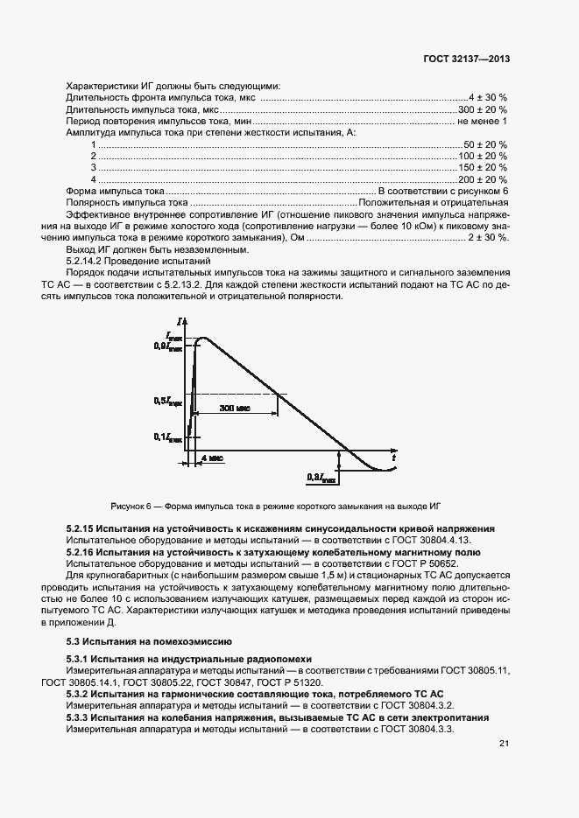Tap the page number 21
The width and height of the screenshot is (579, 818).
pyautogui.click(x=504, y=744)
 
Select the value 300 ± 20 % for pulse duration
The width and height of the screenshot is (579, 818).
pyautogui.click(x=484, y=109)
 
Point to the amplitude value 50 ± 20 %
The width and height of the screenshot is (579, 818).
pyautogui.click(x=485, y=143)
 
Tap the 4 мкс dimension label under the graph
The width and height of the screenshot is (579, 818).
pyautogui.click(x=210, y=458)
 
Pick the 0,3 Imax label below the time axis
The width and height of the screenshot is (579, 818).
pyautogui.click(x=320, y=478)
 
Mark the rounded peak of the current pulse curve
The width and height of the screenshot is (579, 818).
pyautogui.click(x=205, y=338)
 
